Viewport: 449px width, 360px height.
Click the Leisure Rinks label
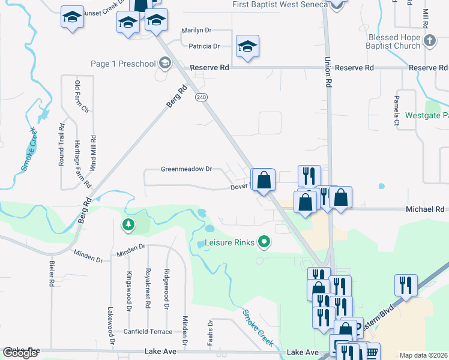pos(231,243)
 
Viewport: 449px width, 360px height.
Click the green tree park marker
pos(128,225)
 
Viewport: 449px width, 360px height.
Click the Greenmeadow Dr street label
pos(186,169)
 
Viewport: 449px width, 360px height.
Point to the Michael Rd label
pos(425,209)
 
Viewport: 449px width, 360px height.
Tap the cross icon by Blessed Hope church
pos(429,41)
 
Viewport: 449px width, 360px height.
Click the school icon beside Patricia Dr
pos(247,47)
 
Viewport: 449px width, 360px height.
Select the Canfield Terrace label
pos(148,331)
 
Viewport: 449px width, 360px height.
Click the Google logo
pos(20,353)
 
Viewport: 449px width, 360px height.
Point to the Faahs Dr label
pos(210,332)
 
